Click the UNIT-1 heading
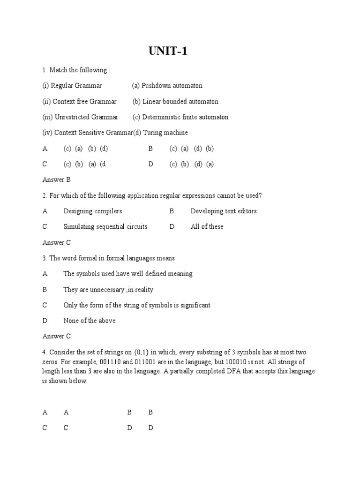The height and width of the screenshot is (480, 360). click(168, 51)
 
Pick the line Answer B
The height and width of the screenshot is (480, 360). click(56, 180)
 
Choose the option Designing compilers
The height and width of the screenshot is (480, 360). click(92, 211)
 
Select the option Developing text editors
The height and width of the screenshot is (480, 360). click(224, 211)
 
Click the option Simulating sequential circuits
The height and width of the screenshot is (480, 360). click(105, 226)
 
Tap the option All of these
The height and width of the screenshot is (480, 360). click(207, 226)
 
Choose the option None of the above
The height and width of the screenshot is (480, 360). click(90, 321)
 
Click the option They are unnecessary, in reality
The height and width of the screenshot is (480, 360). click(108, 290)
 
